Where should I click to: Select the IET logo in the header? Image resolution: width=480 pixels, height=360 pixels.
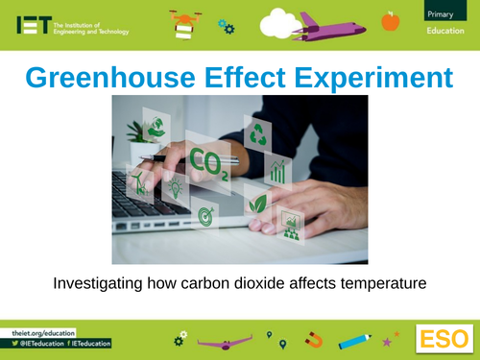coord(33,24)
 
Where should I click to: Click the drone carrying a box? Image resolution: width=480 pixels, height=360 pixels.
coord(186,23)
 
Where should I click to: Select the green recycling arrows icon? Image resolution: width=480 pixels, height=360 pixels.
coord(257,136)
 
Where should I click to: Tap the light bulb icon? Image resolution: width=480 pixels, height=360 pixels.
coord(176,187)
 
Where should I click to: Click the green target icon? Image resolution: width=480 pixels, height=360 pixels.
coord(204,216)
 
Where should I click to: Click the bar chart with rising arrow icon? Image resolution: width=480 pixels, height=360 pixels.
coord(278,173)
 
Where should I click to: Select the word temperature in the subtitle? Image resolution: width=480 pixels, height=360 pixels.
coord(376,284)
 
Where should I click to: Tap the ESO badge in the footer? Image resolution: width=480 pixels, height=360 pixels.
coord(444,339)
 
